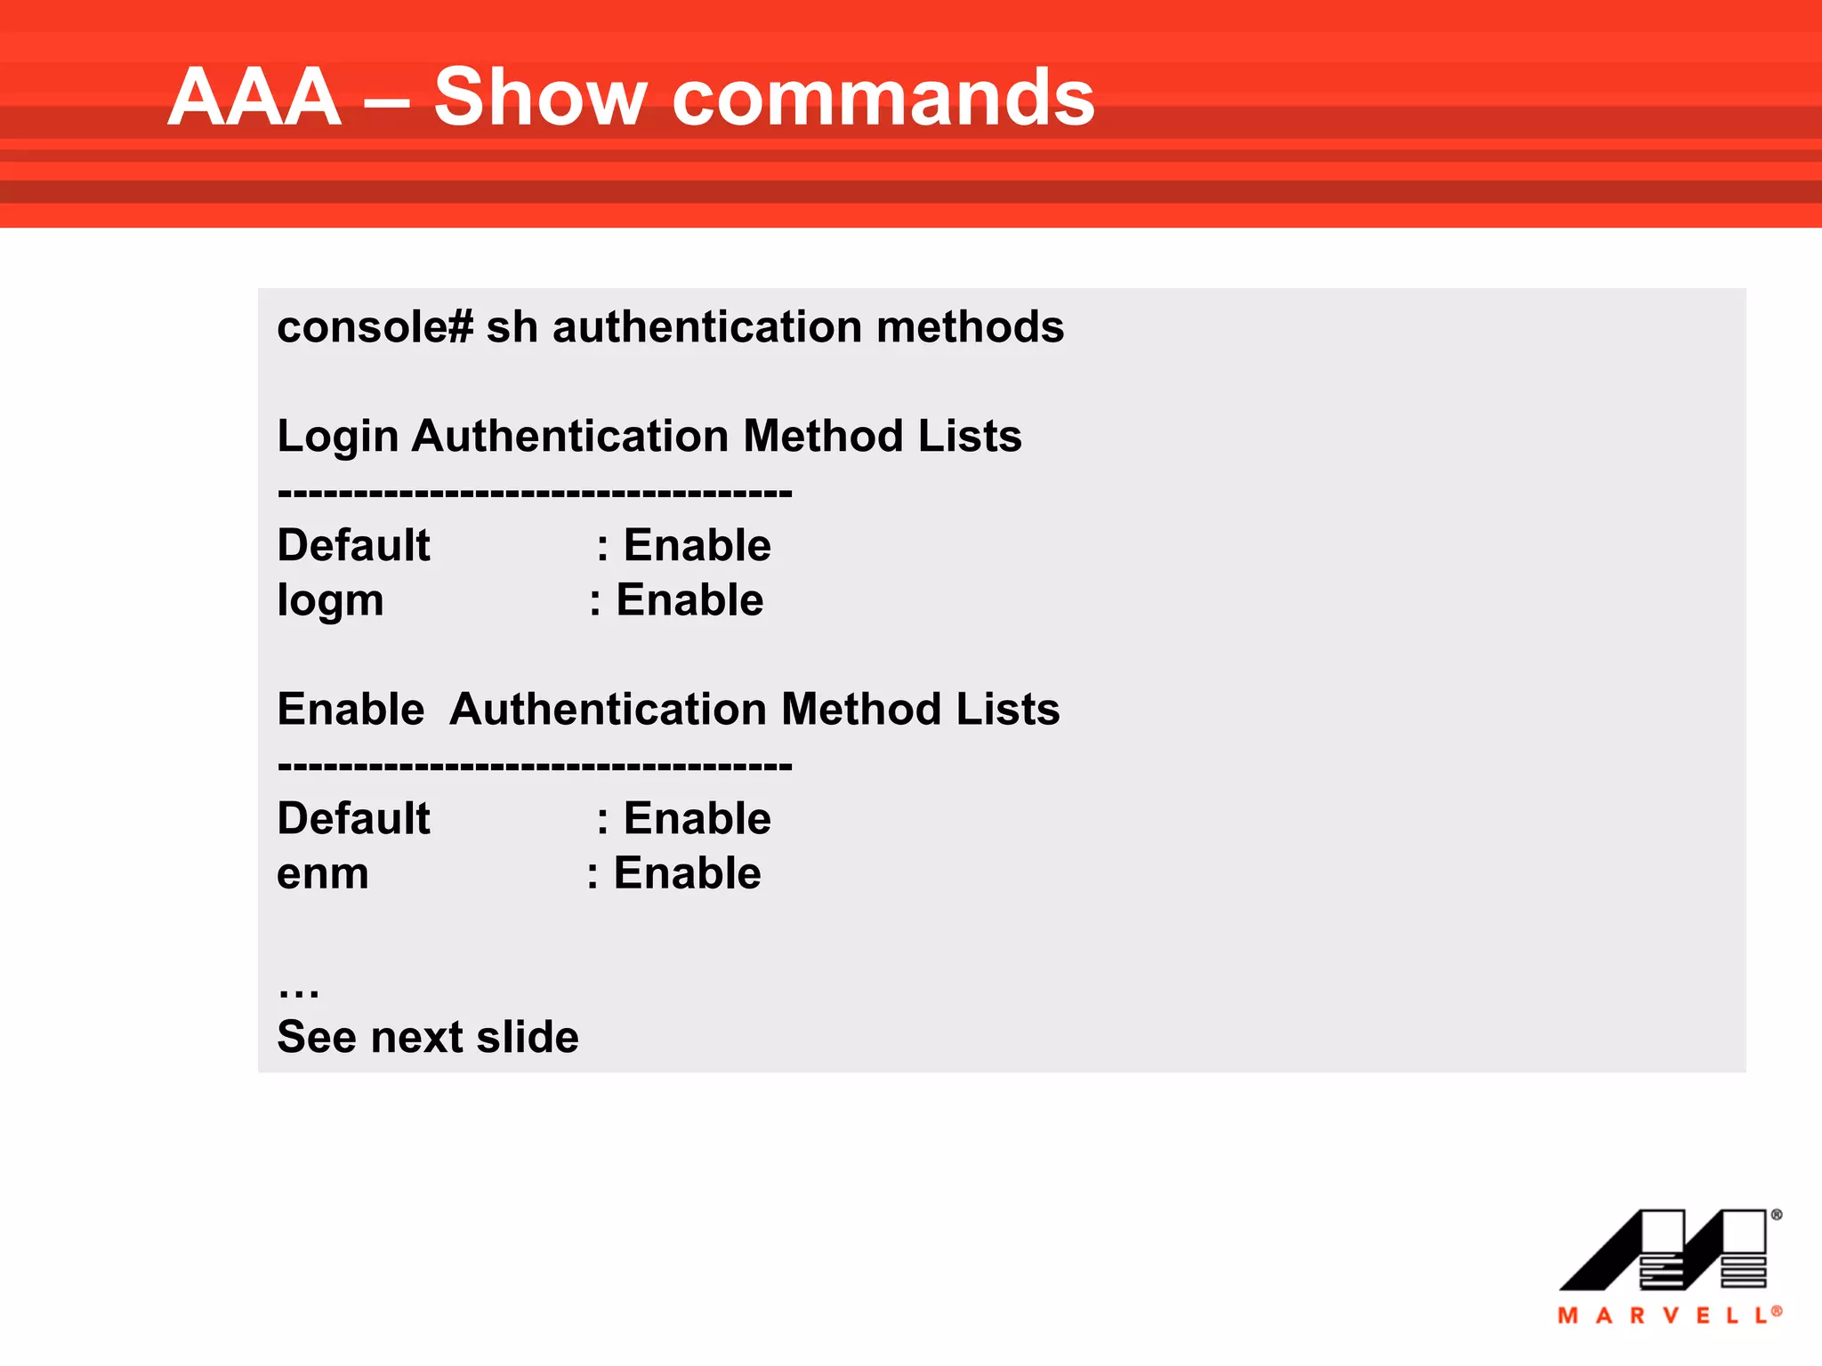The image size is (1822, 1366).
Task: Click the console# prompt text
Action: [375, 327]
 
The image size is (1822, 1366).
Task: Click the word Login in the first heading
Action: [337, 437]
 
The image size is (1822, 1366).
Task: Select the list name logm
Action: [330, 600]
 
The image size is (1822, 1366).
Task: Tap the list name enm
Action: [322, 873]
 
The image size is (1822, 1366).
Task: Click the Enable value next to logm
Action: [689, 600]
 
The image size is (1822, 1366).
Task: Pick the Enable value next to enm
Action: [687, 873]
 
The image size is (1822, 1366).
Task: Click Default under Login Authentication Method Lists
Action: [353, 545]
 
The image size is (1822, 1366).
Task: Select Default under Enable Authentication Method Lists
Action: [353, 818]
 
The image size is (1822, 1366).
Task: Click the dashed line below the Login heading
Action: [534, 492]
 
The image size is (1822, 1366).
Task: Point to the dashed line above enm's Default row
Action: [534, 765]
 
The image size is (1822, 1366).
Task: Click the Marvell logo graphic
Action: [1664, 1249]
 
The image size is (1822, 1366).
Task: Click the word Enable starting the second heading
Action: [351, 710]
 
